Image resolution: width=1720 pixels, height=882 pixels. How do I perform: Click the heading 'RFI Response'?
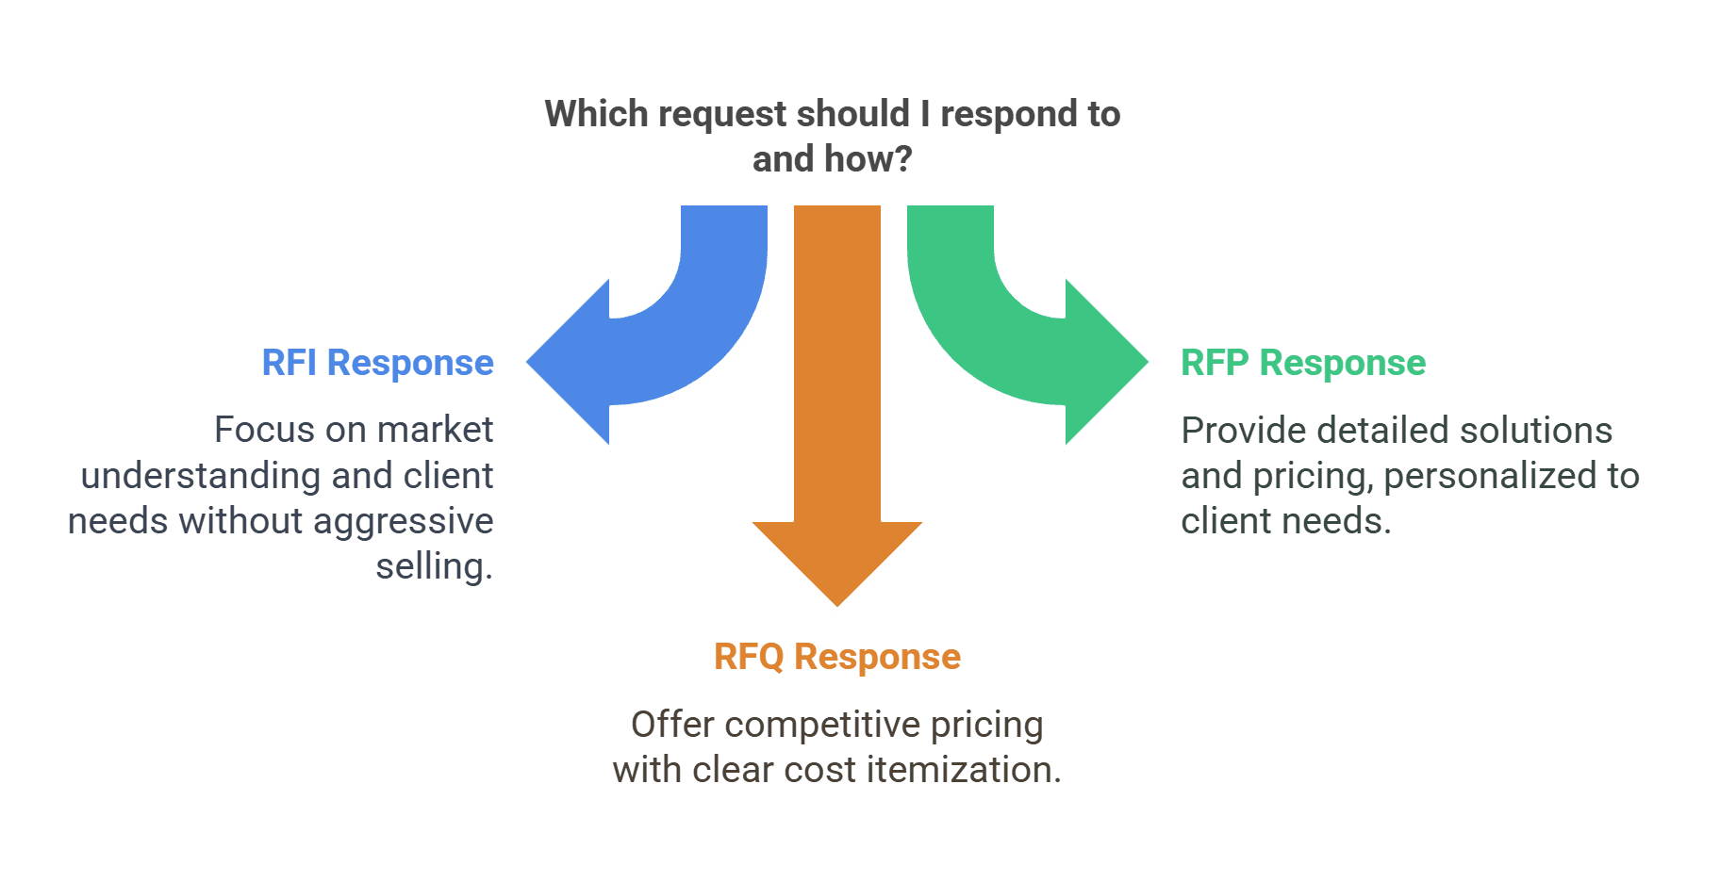tap(377, 363)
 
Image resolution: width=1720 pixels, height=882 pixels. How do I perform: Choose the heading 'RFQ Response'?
tap(837, 657)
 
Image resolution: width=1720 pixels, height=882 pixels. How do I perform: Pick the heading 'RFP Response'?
tap(1302, 363)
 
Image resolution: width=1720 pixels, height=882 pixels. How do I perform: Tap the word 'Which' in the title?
tap(597, 114)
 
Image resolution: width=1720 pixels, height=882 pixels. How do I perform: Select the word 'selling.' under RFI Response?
tap(434, 566)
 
